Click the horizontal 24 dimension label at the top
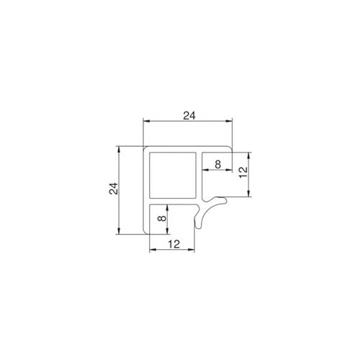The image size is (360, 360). click(x=189, y=116)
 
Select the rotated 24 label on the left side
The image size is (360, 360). click(x=114, y=189)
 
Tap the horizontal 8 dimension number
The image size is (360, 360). click(x=217, y=164)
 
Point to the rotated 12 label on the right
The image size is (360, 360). click(x=243, y=172)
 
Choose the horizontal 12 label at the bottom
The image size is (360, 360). click(x=174, y=244)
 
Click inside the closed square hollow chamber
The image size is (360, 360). click(x=173, y=175)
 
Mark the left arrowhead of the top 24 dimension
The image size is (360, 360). click(x=146, y=122)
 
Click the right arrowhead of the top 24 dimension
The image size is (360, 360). click(x=229, y=122)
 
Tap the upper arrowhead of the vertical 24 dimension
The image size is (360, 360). click(x=119, y=150)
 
